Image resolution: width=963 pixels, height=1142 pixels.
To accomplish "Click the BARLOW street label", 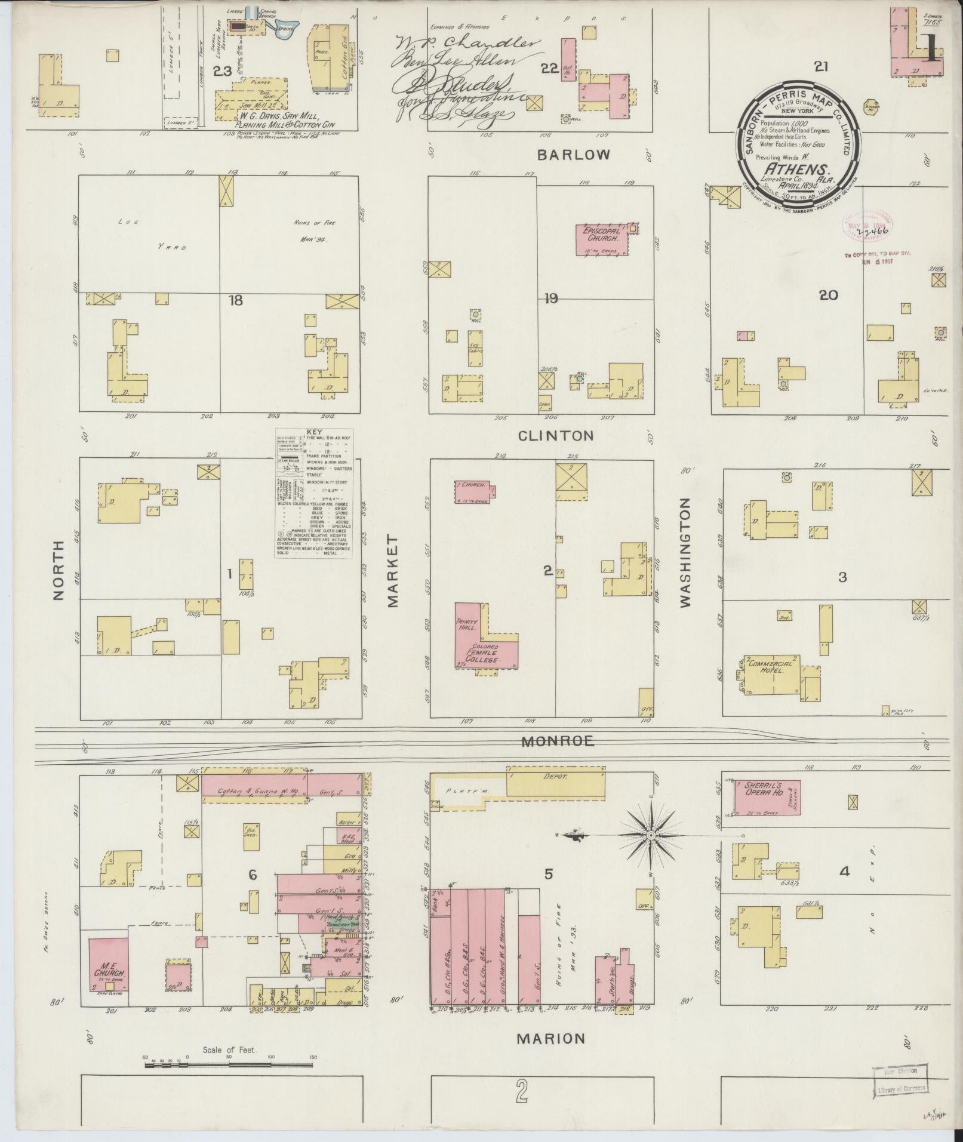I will pos(573,155).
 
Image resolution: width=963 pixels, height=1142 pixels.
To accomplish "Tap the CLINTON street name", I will pos(556,436).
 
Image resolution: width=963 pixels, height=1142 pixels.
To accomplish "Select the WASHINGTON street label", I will pos(685,552).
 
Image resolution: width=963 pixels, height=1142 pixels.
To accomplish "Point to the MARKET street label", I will pos(392,571).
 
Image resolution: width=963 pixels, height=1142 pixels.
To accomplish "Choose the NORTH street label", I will pos(58,570).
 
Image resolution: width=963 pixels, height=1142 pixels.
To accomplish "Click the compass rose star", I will pos(650,835).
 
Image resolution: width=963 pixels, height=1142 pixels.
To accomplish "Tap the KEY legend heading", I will pos(314,432).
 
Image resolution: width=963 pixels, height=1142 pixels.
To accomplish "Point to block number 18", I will pos(236,300).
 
